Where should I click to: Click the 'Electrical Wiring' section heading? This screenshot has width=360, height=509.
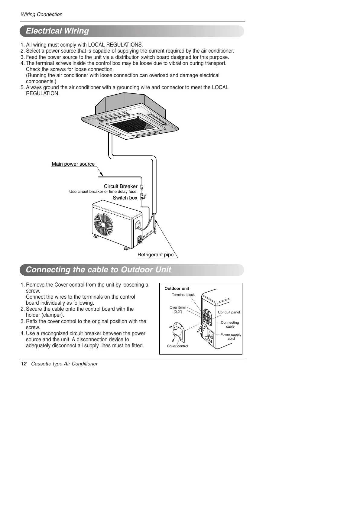[57, 31]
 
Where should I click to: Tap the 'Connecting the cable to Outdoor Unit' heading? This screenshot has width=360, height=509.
[99, 270]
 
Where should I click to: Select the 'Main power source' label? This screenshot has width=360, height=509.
[73, 164]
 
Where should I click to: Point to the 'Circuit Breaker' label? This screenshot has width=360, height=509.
[121, 186]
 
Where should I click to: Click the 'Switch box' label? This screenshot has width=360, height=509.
[125, 198]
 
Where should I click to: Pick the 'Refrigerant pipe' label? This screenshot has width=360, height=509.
[155, 255]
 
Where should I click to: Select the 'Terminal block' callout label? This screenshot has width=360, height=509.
[183, 295]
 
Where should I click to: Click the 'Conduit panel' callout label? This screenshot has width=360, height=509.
[229, 312]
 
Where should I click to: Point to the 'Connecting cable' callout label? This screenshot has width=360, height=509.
[230, 324]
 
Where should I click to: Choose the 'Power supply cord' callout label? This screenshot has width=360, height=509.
[231, 336]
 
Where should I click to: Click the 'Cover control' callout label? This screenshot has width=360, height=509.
[177, 346]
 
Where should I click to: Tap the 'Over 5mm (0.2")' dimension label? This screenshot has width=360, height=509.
[178, 310]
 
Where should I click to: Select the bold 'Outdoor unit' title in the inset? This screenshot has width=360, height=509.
[177, 289]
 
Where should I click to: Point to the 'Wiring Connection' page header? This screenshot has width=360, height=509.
[41, 15]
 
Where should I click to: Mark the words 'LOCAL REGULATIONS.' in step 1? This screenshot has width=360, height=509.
[115, 45]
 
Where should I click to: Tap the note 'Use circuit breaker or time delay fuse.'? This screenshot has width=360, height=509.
[103, 192]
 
